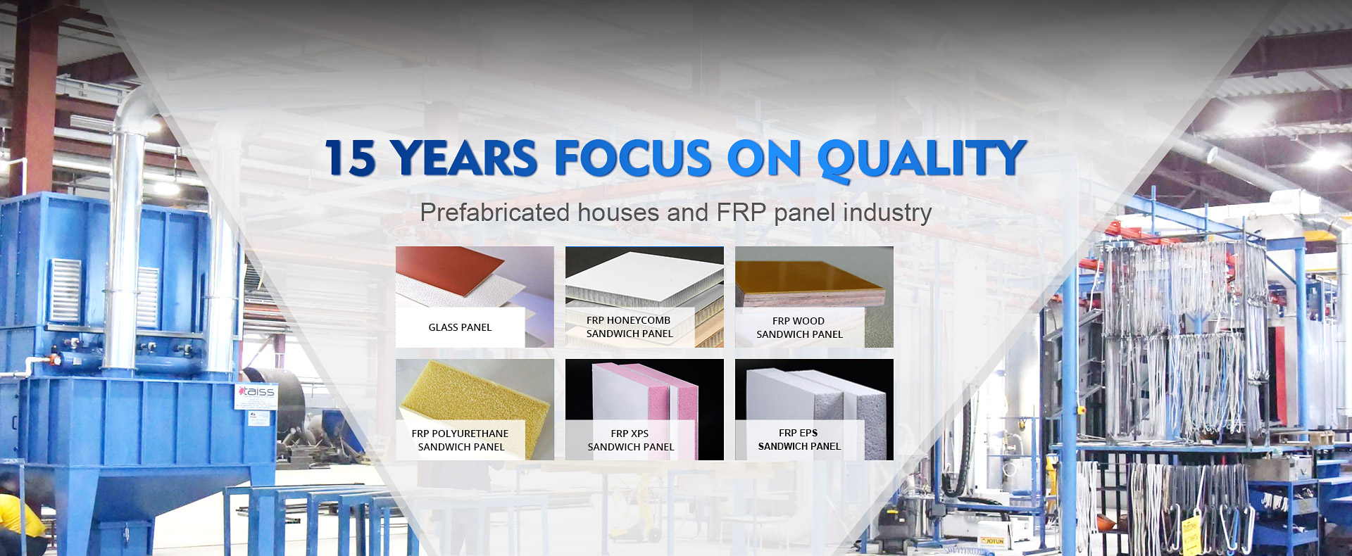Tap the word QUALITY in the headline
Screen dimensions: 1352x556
click(921, 159)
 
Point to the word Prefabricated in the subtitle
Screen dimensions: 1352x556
click(494, 213)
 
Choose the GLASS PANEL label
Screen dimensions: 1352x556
click(460, 327)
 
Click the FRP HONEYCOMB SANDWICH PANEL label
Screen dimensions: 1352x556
click(630, 327)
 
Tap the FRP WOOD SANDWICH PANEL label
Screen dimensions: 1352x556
click(799, 327)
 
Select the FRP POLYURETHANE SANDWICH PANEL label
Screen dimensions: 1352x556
click(460, 440)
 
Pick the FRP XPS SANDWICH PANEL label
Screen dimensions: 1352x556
click(630, 440)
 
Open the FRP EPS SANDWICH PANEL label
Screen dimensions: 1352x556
click(799, 439)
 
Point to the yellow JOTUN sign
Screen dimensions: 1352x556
click(992, 541)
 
